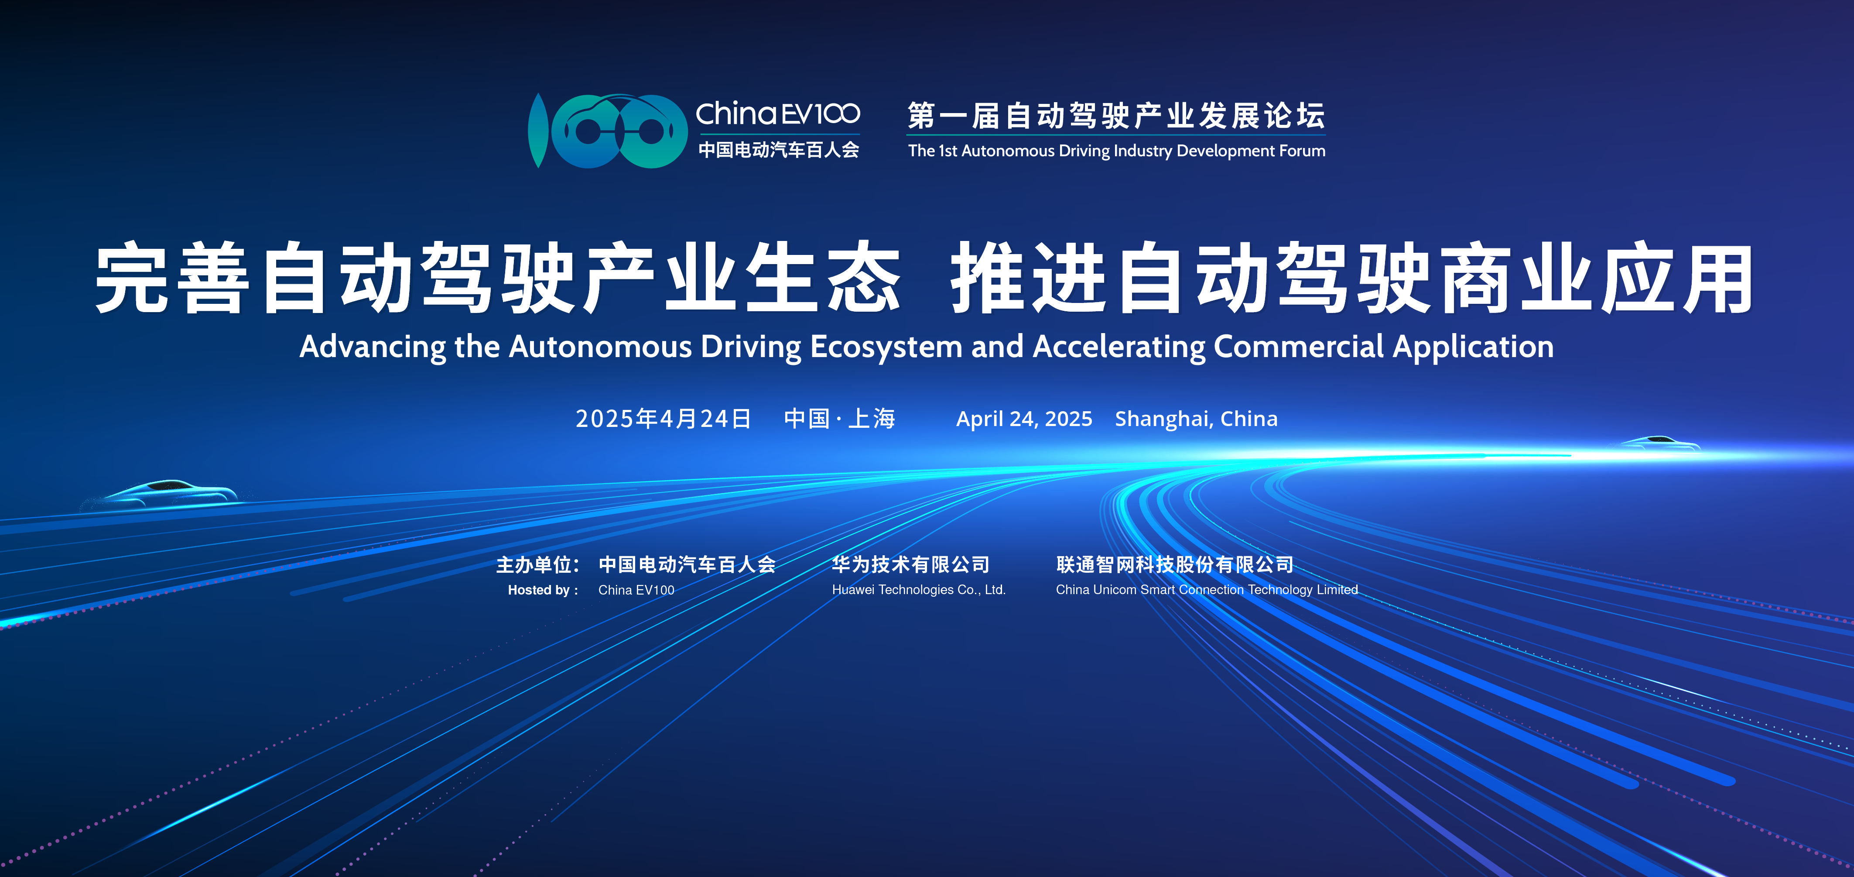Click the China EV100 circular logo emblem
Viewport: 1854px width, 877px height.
click(607, 131)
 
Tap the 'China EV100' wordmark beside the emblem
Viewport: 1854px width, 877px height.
click(778, 114)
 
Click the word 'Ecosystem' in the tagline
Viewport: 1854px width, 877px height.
click(886, 347)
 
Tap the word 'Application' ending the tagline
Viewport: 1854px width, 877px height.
click(1473, 347)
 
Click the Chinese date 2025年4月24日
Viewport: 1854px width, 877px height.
click(664, 418)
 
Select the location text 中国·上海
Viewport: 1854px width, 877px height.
click(839, 418)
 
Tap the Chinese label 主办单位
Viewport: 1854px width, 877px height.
click(537, 564)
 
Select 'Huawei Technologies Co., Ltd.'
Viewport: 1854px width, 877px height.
click(918, 590)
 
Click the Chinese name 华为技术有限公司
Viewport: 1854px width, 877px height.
click(910, 564)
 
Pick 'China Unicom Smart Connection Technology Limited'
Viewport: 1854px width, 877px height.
click(1207, 590)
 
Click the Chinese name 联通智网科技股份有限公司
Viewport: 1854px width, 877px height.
click(1175, 564)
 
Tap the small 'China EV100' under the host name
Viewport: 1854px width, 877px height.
click(636, 590)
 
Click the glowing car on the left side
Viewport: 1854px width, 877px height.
click(165, 494)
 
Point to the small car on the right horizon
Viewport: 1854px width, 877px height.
click(1660, 442)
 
